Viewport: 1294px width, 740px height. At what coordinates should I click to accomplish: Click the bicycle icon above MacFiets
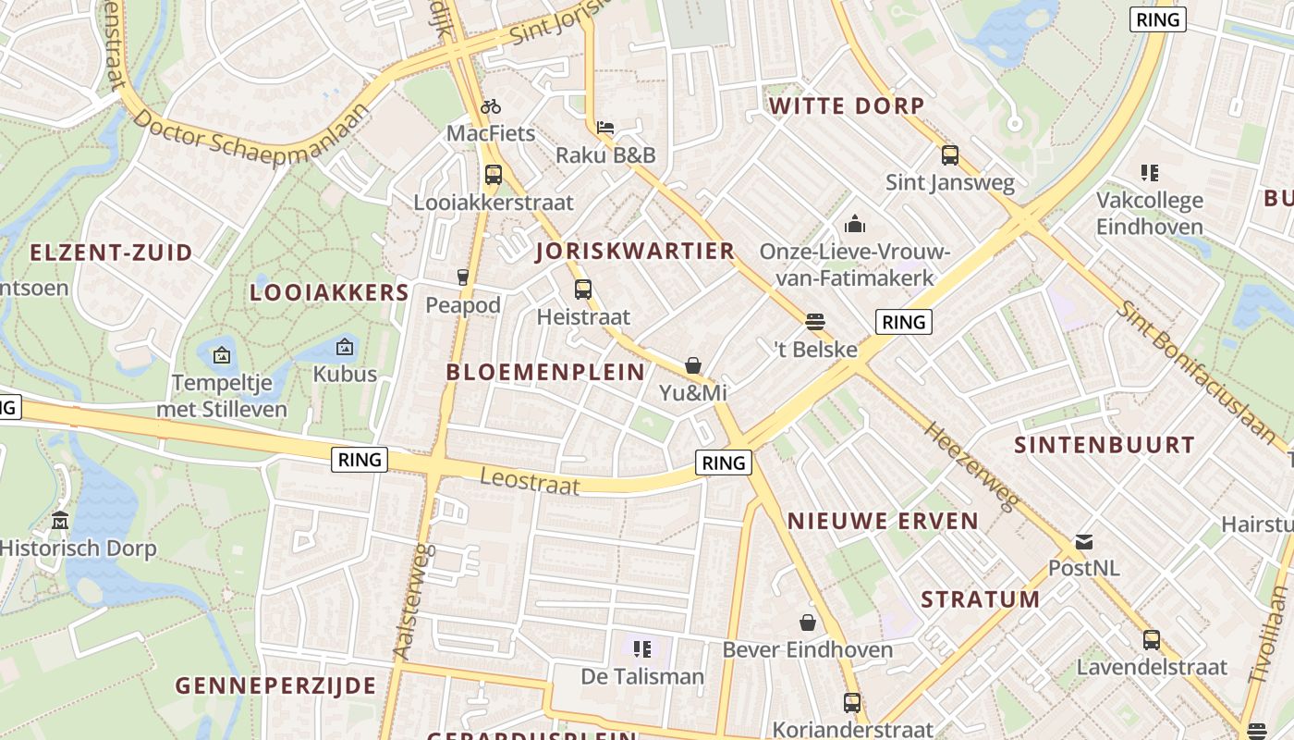(491, 106)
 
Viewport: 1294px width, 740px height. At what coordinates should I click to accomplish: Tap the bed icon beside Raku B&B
(605, 128)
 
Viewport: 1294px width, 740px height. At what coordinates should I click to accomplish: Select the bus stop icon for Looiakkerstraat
(494, 174)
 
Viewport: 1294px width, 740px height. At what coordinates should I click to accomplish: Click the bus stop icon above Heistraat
(582, 289)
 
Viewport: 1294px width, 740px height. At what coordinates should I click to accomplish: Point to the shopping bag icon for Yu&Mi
(693, 365)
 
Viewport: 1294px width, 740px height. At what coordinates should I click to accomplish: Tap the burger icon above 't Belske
(814, 322)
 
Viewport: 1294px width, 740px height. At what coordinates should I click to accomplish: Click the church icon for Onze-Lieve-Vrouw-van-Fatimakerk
(855, 224)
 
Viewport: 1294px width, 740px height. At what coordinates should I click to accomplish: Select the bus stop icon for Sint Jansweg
(949, 154)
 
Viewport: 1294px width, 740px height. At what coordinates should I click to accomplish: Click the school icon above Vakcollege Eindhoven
(1150, 172)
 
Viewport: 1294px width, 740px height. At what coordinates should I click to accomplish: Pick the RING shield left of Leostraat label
(360, 460)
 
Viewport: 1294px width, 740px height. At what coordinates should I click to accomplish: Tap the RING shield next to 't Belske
(903, 322)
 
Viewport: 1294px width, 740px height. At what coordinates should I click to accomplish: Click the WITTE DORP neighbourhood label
(847, 106)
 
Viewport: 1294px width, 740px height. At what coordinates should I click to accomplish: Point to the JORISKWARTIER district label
(635, 251)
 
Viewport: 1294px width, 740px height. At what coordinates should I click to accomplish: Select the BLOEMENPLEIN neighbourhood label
(545, 372)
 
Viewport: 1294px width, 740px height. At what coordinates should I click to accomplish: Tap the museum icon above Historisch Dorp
(61, 520)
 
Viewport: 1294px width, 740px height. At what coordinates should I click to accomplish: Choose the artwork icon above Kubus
(345, 347)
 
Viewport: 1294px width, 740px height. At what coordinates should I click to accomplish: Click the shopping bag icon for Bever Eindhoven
(808, 622)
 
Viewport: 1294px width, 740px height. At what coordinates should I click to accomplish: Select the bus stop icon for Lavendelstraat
(1152, 639)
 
